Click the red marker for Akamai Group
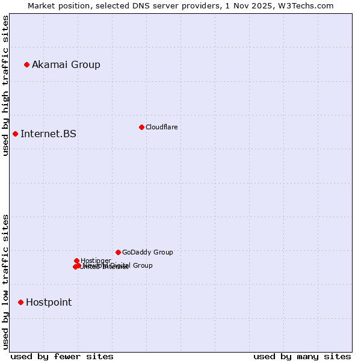click(26, 64)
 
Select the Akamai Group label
click(66, 64)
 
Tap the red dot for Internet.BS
click(15, 134)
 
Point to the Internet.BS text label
click(48, 134)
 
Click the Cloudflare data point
click(141, 127)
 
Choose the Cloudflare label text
click(161, 127)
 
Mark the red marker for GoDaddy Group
click(118, 252)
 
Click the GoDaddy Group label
click(147, 252)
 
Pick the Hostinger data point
click(76, 261)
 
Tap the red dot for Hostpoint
click(20, 302)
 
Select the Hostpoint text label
click(49, 302)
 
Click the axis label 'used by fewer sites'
click(62, 356)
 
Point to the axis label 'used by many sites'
click(302, 356)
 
